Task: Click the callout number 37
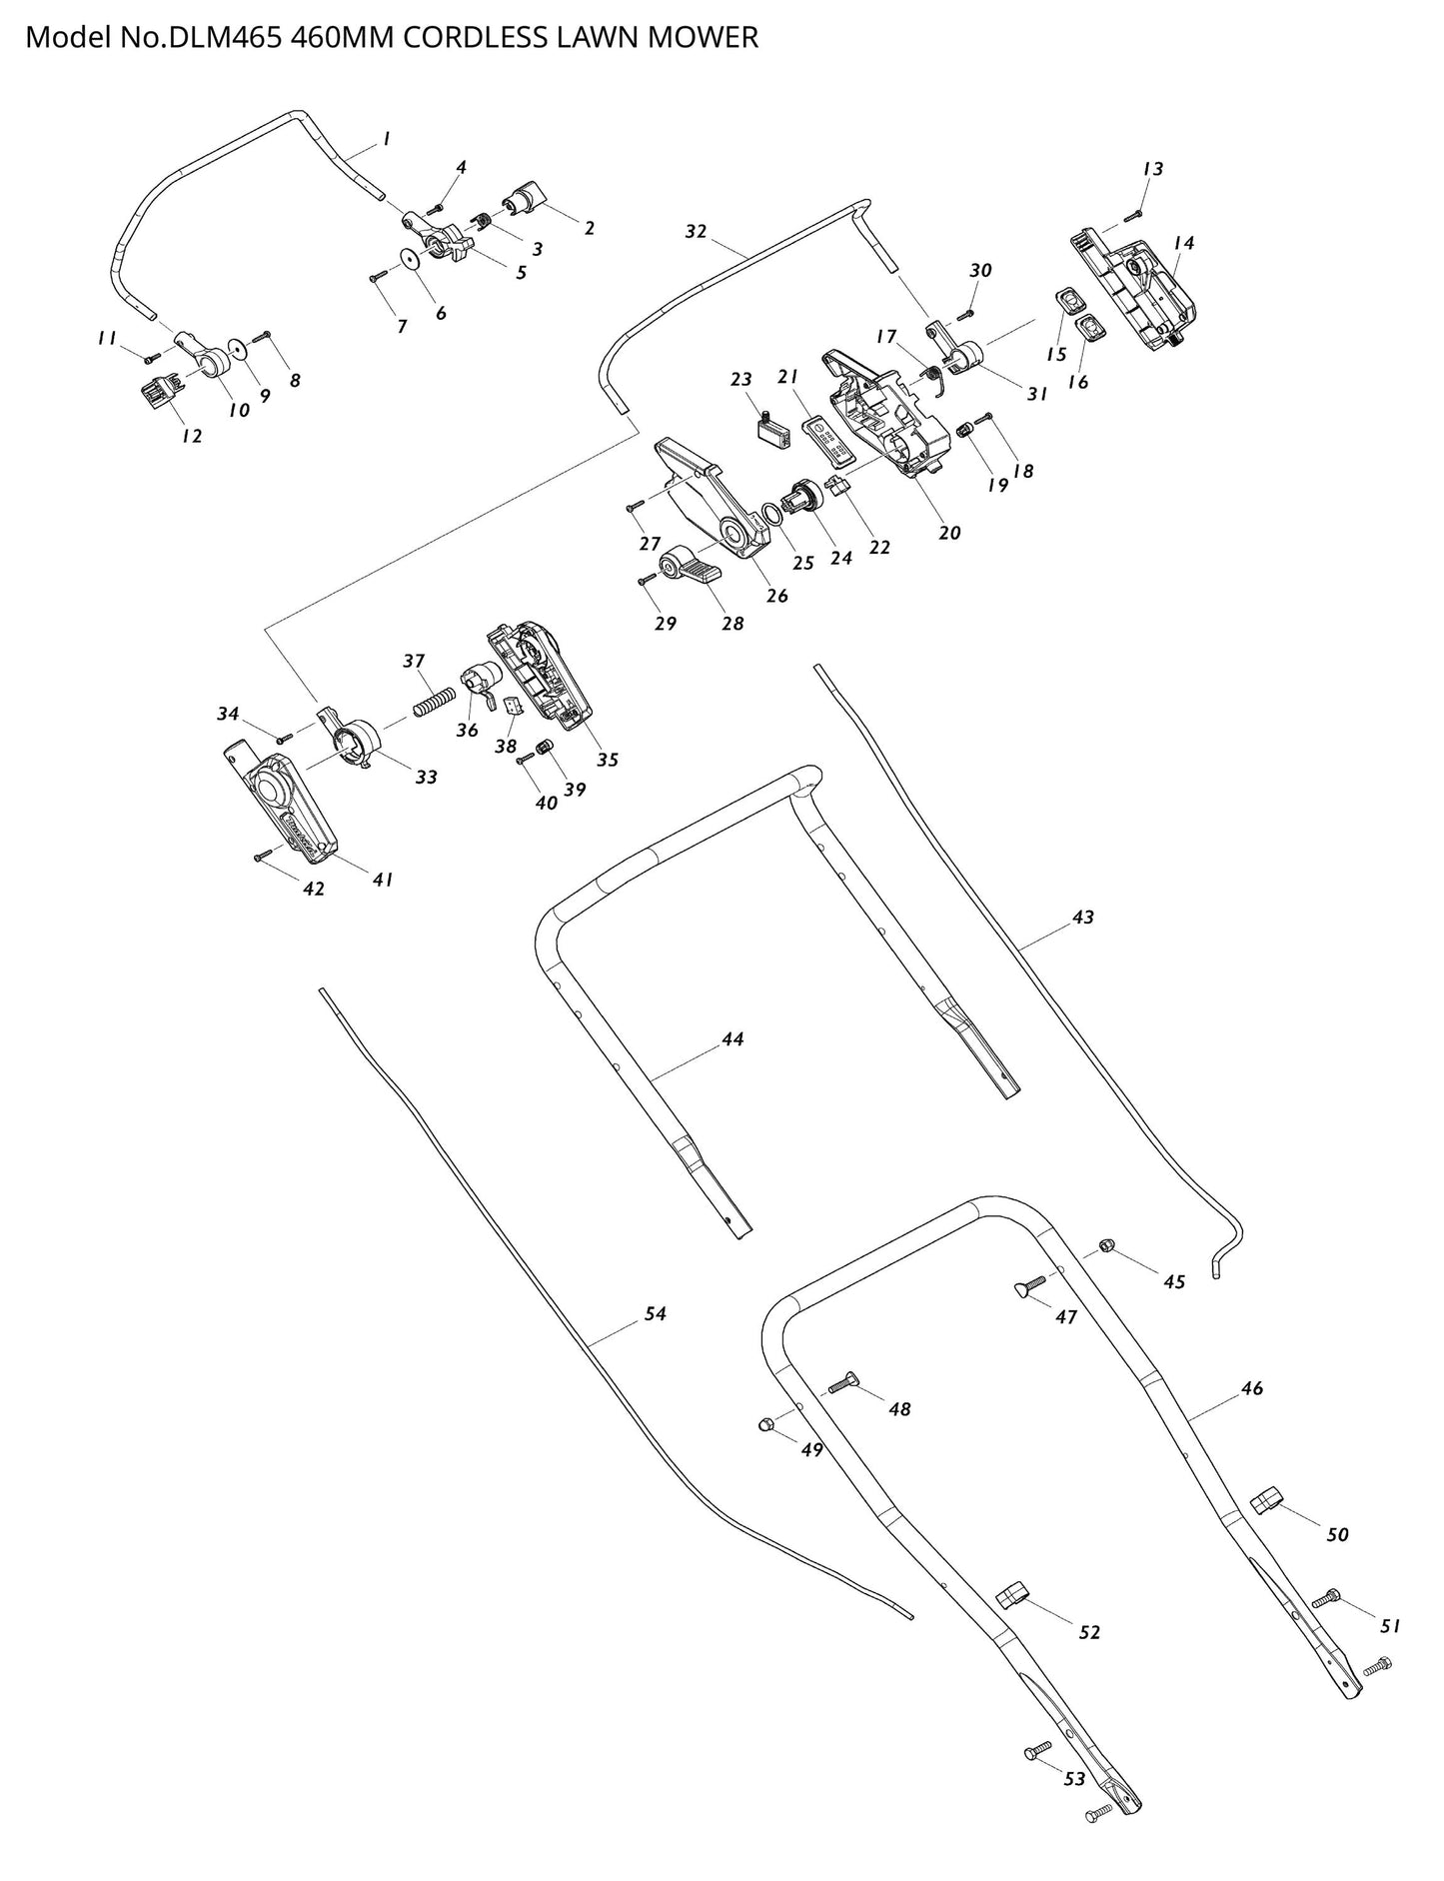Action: [414, 661]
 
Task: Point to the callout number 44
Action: [732, 1039]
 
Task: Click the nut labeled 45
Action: [1106, 1244]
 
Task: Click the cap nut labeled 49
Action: [764, 1424]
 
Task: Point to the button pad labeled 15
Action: [1070, 299]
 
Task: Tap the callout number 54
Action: [655, 1314]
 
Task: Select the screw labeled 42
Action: [263, 856]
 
